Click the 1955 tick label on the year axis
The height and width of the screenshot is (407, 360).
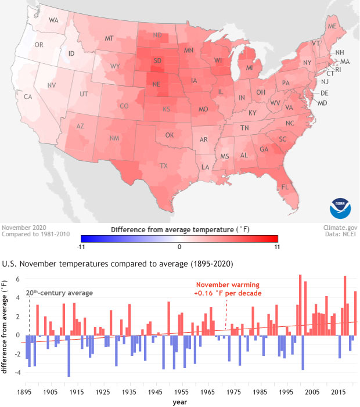coord(182,392)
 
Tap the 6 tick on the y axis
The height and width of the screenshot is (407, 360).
coord(19,279)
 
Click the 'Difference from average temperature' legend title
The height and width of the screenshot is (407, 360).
coord(179,229)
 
